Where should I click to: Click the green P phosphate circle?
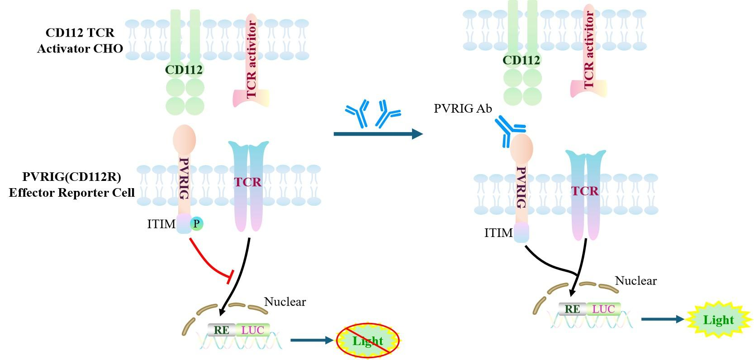pos(196,223)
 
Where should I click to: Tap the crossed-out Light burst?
pos(368,341)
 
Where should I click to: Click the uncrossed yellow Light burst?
pos(718,320)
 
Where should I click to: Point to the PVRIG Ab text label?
pos(462,109)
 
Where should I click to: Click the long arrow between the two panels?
pos(378,134)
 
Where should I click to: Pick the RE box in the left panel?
pos(221,330)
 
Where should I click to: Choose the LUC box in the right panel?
pos(603,309)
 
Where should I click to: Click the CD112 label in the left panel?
pos(184,70)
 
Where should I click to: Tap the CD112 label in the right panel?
pos(521,60)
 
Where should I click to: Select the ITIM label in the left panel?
pos(161,224)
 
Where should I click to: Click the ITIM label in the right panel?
pos(498,233)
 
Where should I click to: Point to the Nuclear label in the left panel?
pos(285,302)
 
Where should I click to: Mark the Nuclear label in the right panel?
pos(635,281)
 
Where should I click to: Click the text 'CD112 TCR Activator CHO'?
pos(80,41)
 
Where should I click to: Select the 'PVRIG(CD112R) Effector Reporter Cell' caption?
pos(71,185)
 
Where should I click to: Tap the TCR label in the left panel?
pos(248,182)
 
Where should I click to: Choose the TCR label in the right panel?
pos(585,191)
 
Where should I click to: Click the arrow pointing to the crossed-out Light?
pos(312,340)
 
